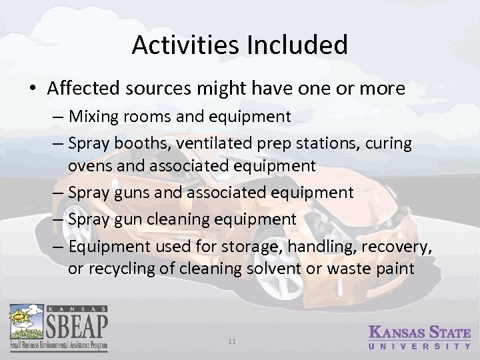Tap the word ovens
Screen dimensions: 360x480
point(87,165)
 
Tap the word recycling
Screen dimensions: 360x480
point(114,269)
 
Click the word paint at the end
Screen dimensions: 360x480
point(397,269)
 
